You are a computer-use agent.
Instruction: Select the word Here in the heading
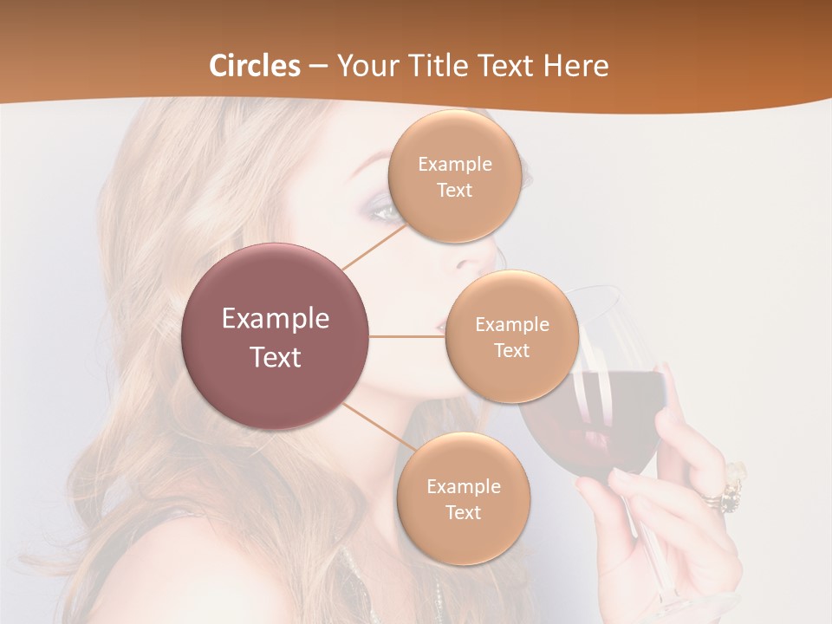tap(576, 66)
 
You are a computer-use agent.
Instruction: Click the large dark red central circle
tap(276, 336)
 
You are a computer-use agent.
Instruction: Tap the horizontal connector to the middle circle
tap(406, 336)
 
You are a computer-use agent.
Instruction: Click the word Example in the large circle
tap(276, 319)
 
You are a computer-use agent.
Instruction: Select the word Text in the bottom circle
tap(463, 512)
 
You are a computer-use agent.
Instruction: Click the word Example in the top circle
tap(454, 164)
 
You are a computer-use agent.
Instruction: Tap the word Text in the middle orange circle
tap(511, 350)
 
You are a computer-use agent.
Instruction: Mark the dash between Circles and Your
tap(318, 67)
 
